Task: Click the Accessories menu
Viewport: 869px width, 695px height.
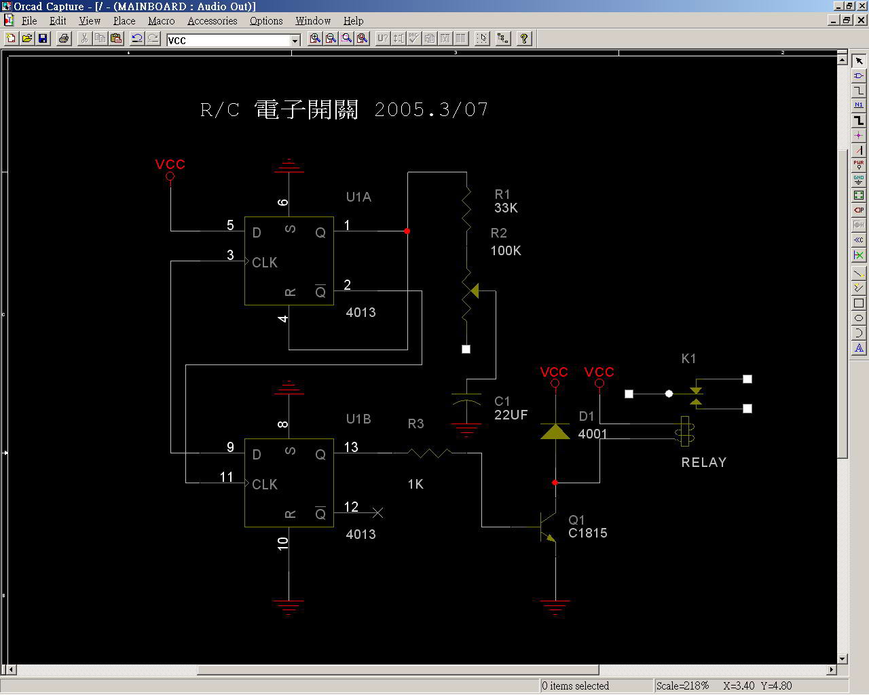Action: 212,20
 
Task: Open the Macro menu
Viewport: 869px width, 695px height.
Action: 161,20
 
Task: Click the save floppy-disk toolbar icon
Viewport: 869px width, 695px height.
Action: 43,39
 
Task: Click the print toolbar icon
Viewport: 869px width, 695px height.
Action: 64,39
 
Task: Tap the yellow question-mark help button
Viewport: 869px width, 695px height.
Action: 524,39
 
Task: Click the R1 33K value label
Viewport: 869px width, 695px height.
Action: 506,208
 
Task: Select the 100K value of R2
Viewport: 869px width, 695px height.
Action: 506,250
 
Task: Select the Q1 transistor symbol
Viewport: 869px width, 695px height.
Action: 548,527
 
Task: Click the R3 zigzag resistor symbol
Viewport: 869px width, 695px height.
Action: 430,453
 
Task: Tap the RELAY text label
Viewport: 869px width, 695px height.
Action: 704,462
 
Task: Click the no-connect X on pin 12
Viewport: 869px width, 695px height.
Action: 377,513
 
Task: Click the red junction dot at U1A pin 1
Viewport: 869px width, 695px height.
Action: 407,231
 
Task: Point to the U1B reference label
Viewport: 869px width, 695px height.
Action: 358,419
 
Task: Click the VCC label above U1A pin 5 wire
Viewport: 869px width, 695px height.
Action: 170,164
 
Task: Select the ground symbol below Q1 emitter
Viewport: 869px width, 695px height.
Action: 555,607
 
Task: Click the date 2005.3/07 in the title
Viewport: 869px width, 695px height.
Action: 431,110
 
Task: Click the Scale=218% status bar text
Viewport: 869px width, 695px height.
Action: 682,685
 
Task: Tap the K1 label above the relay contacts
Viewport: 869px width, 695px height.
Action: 688,358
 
